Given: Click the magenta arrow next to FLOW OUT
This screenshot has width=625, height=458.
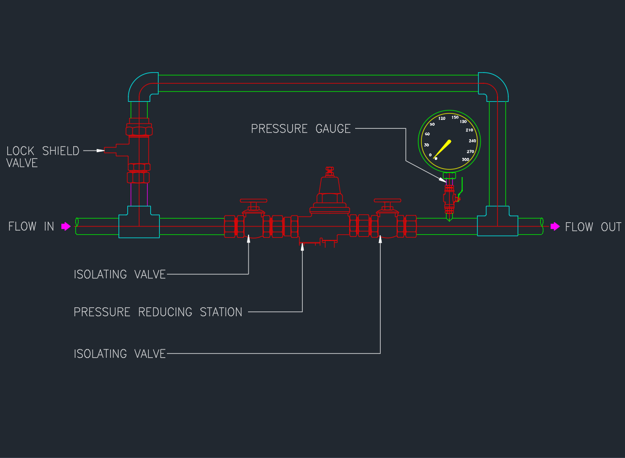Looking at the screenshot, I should click(555, 226).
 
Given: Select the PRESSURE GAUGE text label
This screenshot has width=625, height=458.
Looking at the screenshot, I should click(301, 128).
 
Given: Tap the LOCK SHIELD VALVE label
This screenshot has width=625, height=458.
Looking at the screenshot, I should click(43, 156).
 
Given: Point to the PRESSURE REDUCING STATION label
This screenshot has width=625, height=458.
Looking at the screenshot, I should click(158, 312).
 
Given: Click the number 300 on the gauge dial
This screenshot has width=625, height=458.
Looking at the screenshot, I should click(465, 159).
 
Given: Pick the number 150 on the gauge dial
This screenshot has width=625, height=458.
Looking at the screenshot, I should click(455, 117).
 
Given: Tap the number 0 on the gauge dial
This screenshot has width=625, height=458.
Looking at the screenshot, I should click(431, 155).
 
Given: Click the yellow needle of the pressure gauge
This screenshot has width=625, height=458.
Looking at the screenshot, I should click(442, 149).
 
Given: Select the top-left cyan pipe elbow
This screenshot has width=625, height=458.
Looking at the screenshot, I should click(142, 86).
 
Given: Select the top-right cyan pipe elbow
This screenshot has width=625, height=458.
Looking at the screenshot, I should click(494, 86).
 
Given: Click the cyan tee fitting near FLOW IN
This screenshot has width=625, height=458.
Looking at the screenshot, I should click(139, 222).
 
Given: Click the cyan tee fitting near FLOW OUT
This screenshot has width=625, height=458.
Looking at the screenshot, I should click(497, 221).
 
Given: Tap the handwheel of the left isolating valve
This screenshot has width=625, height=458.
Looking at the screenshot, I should click(253, 201).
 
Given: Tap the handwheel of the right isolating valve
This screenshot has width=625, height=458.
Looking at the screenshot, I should click(388, 201).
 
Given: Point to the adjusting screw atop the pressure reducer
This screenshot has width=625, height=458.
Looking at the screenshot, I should click(329, 170).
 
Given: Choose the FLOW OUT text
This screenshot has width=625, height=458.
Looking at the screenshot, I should click(593, 227).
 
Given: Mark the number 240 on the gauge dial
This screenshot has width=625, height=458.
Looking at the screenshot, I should click(472, 141).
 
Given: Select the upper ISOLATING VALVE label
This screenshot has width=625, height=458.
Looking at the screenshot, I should click(120, 274).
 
